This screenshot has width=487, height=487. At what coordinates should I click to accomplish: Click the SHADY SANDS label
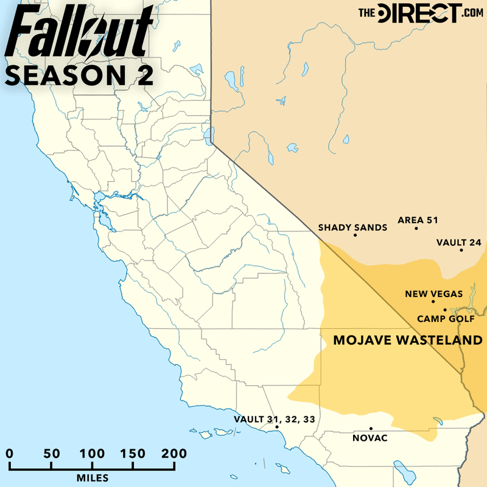click(x=353, y=228)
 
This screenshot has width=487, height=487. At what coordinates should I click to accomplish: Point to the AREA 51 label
click(x=418, y=220)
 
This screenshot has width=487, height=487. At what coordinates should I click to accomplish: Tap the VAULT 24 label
click(x=459, y=242)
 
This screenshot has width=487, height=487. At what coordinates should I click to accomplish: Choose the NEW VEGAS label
click(x=434, y=294)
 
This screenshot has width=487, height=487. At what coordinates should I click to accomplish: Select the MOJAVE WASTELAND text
click(x=408, y=341)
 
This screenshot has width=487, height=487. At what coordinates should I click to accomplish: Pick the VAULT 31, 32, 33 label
click(x=275, y=419)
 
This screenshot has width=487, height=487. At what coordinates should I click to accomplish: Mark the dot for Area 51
click(x=416, y=228)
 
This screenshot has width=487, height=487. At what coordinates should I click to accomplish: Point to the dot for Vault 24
click(x=461, y=250)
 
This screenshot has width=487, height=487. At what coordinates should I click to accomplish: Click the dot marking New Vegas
click(x=433, y=301)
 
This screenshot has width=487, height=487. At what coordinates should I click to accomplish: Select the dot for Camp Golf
click(x=445, y=310)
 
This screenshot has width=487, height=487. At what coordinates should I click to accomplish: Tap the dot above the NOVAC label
click(x=371, y=429)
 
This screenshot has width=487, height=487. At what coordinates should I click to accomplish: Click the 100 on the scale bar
click(x=92, y=454)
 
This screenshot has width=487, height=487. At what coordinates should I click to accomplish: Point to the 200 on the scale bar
click(x=174, y=454)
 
